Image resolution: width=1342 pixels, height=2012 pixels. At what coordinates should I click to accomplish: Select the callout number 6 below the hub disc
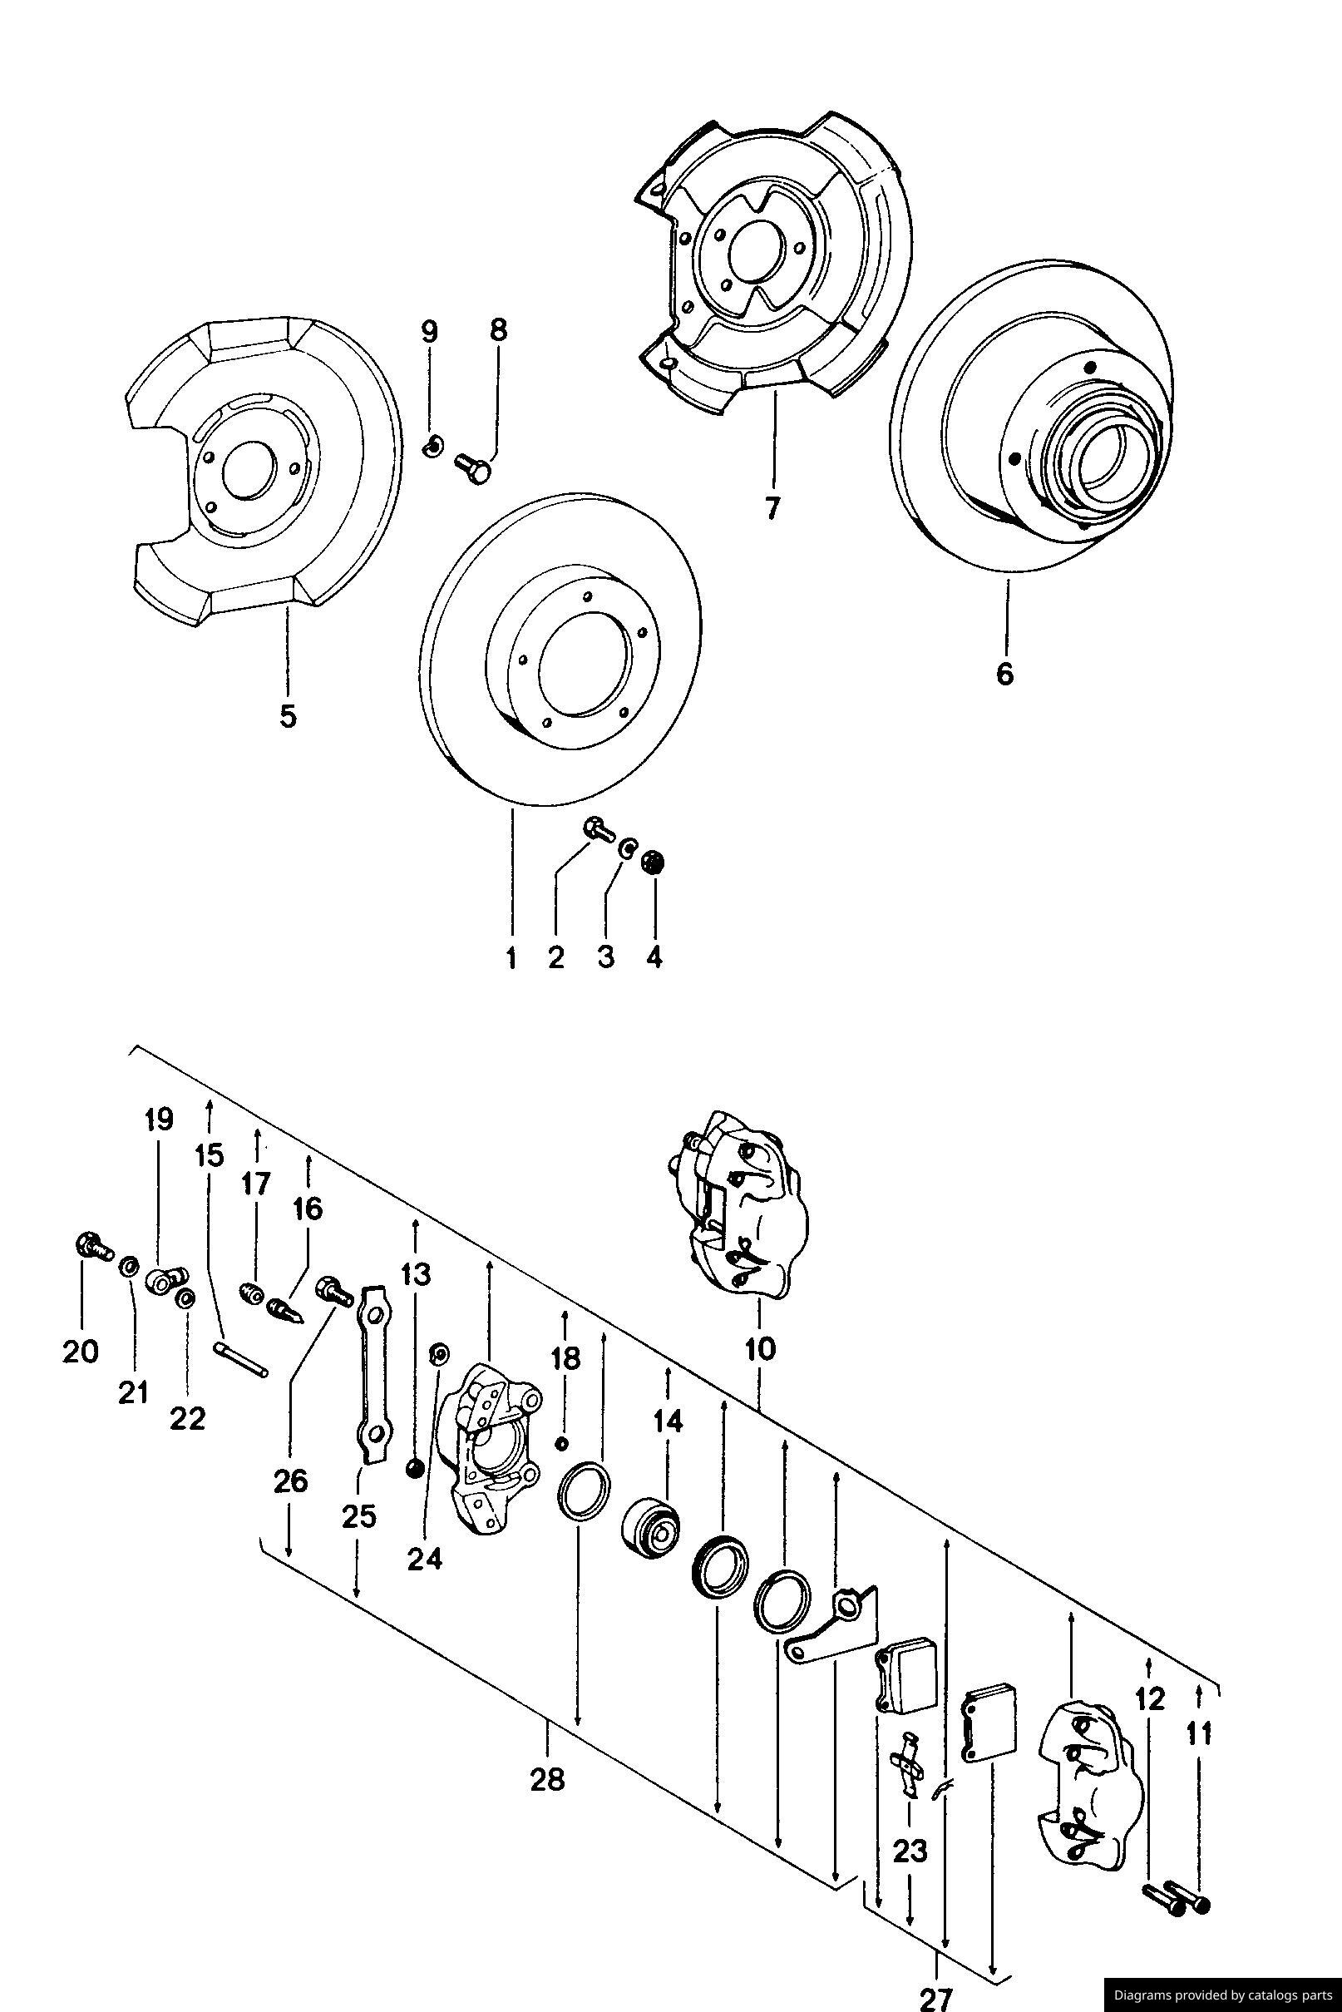point(1004,674)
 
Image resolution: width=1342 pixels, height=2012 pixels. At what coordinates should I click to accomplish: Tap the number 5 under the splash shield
point(288,715)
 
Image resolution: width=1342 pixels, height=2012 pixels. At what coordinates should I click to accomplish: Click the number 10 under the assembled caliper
point(760,1348)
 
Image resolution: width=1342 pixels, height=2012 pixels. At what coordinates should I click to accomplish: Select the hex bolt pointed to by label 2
point(597,828)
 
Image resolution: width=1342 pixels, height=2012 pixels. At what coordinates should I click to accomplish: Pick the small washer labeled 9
point(433,445)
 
